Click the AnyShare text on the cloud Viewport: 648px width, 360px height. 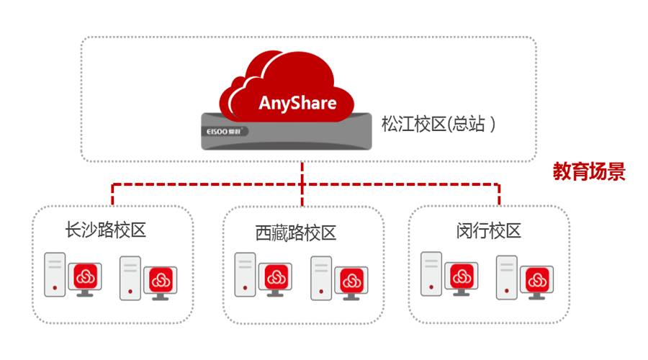click(297, 102)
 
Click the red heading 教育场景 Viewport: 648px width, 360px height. click(588, 171)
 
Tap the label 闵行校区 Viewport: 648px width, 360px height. click(488, 230)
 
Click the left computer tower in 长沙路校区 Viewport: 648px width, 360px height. click(55, 274)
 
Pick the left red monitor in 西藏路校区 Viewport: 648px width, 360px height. click(275, 278)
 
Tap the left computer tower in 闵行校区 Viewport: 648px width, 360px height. click(431, 273)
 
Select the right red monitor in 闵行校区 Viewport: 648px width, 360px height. click(536, 280)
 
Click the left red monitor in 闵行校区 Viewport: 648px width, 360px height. click(461, 276)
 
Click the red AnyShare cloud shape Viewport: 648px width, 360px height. click(288, 86)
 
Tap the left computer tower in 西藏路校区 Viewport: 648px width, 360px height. click(246, 274)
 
